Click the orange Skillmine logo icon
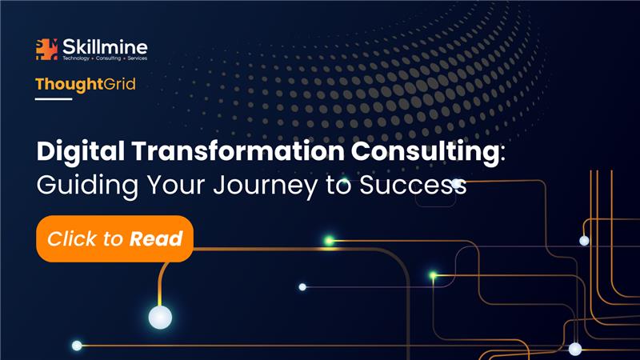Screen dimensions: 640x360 click(46, 50)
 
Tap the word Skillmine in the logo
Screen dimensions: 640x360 click(105, 47)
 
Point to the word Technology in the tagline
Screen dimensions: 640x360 click(76, 58)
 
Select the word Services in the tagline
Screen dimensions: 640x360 click(137, 58)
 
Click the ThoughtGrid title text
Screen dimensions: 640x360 click(86, 85)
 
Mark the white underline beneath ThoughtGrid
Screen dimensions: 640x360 click(54, 98)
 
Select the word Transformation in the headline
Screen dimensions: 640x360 click(238, 151)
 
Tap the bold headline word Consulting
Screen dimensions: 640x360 click(425, 152)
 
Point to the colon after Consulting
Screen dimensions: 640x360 click(502, 154)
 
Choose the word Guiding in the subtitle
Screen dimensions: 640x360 click(87, 186)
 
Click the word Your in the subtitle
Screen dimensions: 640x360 click(176, 185)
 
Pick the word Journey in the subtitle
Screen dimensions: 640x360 click(266, 186)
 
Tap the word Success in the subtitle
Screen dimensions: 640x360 click(413, 185)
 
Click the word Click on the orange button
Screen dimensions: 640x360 click(74, 238)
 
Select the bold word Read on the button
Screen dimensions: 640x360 click(156, 238)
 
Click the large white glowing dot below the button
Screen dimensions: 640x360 click(160, 318)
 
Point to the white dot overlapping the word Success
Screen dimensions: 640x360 click(456, 184)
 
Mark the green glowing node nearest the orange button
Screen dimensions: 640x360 click(329, 241)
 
